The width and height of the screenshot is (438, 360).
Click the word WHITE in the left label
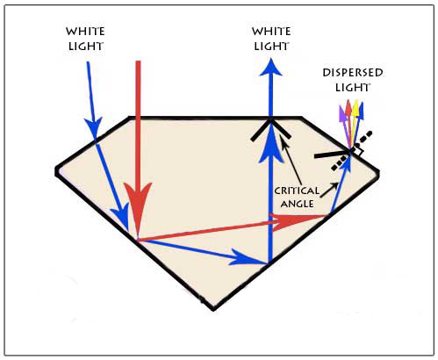tap(85, 32)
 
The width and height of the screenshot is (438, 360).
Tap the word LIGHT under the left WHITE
tap(86, 47)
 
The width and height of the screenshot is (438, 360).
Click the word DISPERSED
tap(353, 73)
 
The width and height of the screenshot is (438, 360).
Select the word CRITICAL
tap(297, 191)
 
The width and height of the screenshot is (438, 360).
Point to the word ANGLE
tap(297, 204)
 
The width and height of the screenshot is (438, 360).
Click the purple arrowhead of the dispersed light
tap(342, 113)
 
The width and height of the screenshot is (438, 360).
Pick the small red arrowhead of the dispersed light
tap(348, 108)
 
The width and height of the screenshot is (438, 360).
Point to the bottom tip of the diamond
tap(213, 309)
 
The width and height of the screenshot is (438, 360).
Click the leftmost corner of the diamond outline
tap(57, 171)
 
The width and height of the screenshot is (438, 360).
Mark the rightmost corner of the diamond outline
tap(378, 172)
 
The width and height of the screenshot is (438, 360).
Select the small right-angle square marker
tap(359, 152)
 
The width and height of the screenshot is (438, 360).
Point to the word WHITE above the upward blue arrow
tap(271, 32)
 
